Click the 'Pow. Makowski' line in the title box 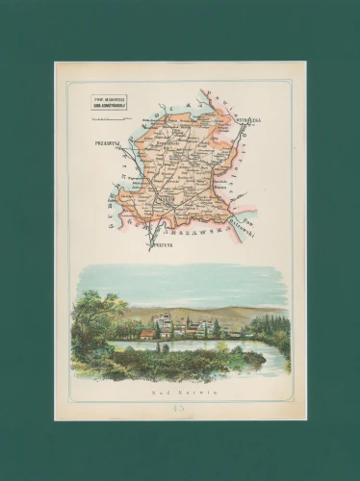click(109, 97)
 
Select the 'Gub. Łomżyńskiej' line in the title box click(109, 103)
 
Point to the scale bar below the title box click(109, 109)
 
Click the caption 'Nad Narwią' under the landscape click(179, 392)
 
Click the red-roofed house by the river click(147, 334)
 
